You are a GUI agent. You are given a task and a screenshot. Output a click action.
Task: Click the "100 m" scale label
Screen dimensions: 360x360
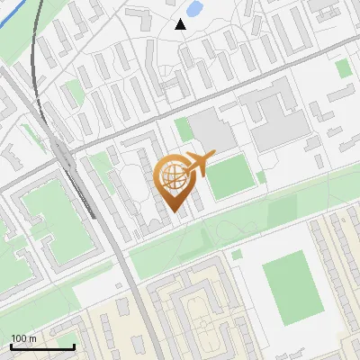point(23,338)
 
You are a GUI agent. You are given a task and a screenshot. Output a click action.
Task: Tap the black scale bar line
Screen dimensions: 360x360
point(42,346)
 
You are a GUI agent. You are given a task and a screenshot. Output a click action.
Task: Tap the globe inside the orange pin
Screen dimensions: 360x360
point(173,177)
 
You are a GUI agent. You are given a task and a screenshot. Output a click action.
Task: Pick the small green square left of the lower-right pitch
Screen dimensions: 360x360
point(237,255)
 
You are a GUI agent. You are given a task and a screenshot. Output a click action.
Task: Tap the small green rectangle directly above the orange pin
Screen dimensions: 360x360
point(184,130)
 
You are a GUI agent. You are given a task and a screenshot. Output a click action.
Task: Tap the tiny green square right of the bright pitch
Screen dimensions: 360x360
point(261,177)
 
